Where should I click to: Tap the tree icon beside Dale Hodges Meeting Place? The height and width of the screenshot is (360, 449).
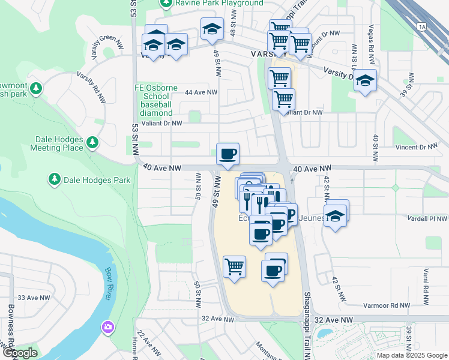[92, 143]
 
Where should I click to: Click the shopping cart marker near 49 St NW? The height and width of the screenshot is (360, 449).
[234, 266]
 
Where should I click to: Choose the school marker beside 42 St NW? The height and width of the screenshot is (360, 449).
[337, 215]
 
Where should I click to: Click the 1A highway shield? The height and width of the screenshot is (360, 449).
[422, 26]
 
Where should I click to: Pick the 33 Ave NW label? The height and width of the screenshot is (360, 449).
[34, 298]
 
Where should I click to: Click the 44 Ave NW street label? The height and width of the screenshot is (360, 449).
[200, 92]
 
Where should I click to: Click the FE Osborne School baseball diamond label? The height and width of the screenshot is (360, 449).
[157, 100]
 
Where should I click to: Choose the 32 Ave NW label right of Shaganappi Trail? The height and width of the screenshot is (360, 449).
[335, 321]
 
